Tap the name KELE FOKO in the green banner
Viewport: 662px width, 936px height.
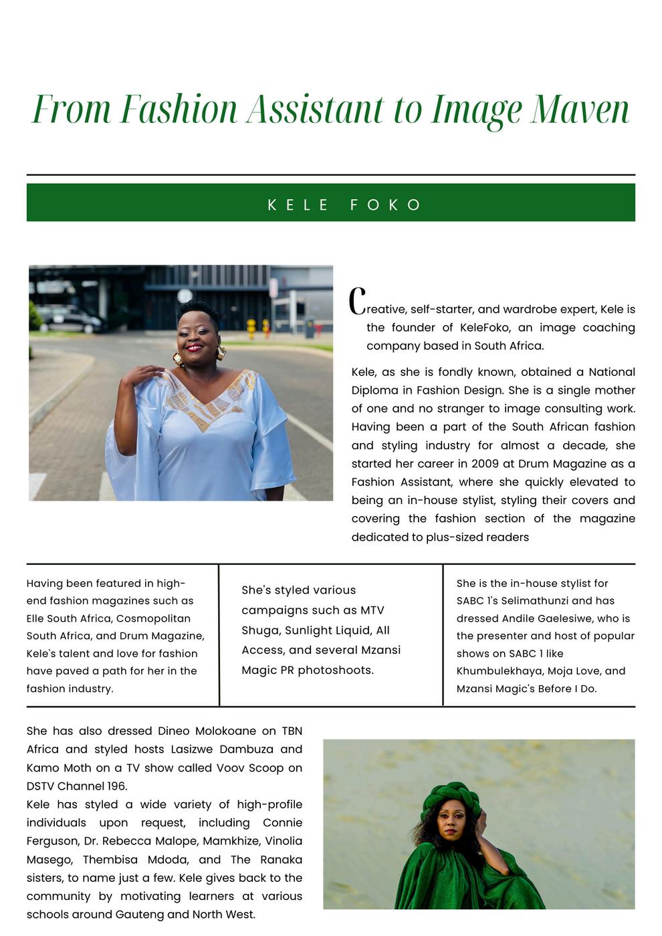tap(344, 205)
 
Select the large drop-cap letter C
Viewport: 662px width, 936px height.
tap(358, 302)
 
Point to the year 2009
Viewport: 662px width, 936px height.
tap(485, 463)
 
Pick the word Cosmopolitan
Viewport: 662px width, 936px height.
tap(153, 618)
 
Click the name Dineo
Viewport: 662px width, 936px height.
tap(175, 731)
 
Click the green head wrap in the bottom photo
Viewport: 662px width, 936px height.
tap(450, 798)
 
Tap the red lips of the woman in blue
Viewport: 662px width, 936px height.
tap(194, 348)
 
